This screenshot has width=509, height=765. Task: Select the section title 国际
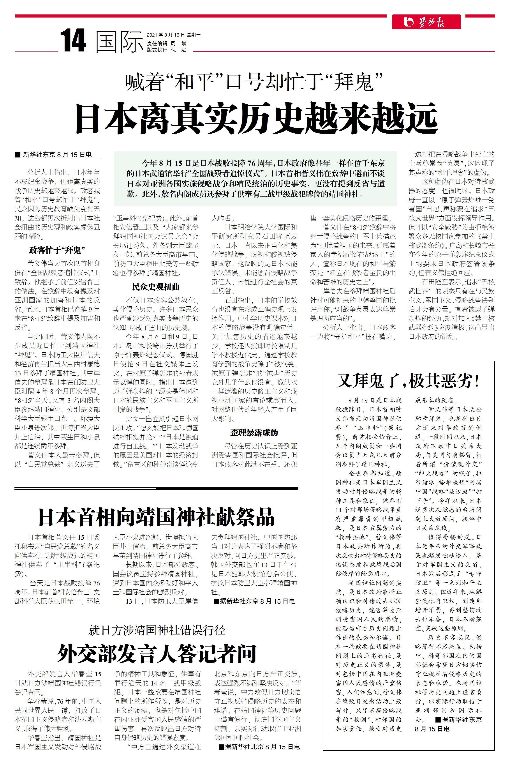point(120,42)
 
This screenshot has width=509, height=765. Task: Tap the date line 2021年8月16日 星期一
point(173,35)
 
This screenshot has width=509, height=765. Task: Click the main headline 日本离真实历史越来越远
point(256,118)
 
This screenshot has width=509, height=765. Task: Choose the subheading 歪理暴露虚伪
point(254,433)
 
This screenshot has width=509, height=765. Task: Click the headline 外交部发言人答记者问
point(157,654)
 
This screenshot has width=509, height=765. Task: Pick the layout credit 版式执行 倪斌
point(167,50)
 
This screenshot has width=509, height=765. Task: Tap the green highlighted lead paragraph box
point(255,178)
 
